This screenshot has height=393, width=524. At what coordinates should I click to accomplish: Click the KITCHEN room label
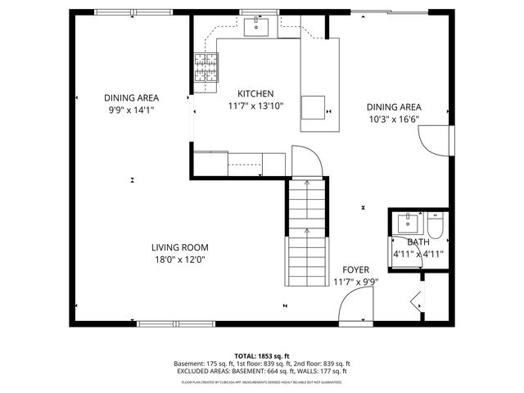(x=255, y=94)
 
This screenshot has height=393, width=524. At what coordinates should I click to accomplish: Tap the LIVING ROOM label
(x=179, y=247)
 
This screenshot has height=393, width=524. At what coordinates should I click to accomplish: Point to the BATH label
(x=418, y=242)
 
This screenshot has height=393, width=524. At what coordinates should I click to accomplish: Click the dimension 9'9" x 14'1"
(x=131, y=110)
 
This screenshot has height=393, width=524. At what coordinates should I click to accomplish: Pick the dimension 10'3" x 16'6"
(x=394, y=119)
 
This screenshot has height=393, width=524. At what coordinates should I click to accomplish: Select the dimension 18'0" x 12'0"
(x=179, y=260)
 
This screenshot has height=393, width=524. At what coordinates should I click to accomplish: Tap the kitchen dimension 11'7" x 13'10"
(x=255, y=106)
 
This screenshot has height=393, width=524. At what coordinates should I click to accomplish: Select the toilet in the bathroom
(x=436, y=223)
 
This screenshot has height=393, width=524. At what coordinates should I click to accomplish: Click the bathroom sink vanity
(x=407, y=223)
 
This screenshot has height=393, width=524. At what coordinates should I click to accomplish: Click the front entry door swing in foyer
(x=354, y=308)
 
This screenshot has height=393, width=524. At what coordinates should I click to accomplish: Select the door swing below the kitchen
(x=305, y=160)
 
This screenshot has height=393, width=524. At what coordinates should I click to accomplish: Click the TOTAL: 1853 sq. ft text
(x=262, y=356)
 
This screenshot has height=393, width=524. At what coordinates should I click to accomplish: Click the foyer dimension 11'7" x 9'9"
(x=356, y=282)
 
